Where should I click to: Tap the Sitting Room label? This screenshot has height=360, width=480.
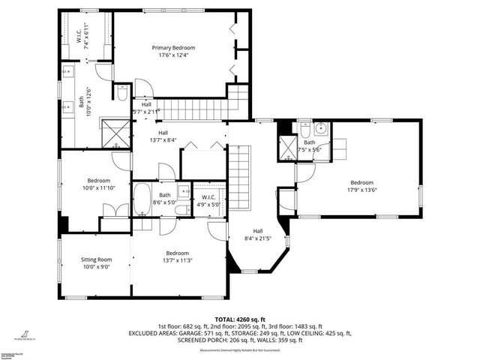(x=96, y=259)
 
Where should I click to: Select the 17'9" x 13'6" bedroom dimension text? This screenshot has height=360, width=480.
(x=361, y=190)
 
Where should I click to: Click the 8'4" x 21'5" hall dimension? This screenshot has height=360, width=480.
(x=257, y=238)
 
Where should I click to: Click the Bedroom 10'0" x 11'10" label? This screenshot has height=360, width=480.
(x=99, y=184)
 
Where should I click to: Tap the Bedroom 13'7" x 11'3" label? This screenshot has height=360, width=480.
(x=177, y=256)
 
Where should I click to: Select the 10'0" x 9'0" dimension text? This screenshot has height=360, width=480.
(x=96, y=266)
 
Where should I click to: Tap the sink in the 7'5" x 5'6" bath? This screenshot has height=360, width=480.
(x=319, y=127)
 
